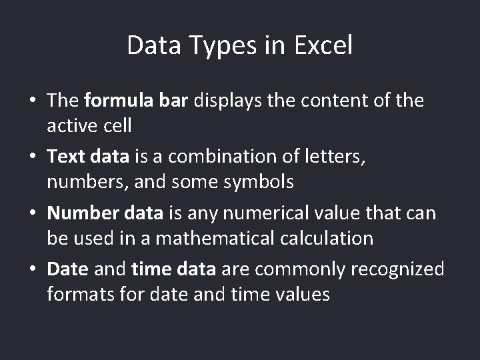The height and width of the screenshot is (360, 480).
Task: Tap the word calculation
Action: (330, 237)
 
